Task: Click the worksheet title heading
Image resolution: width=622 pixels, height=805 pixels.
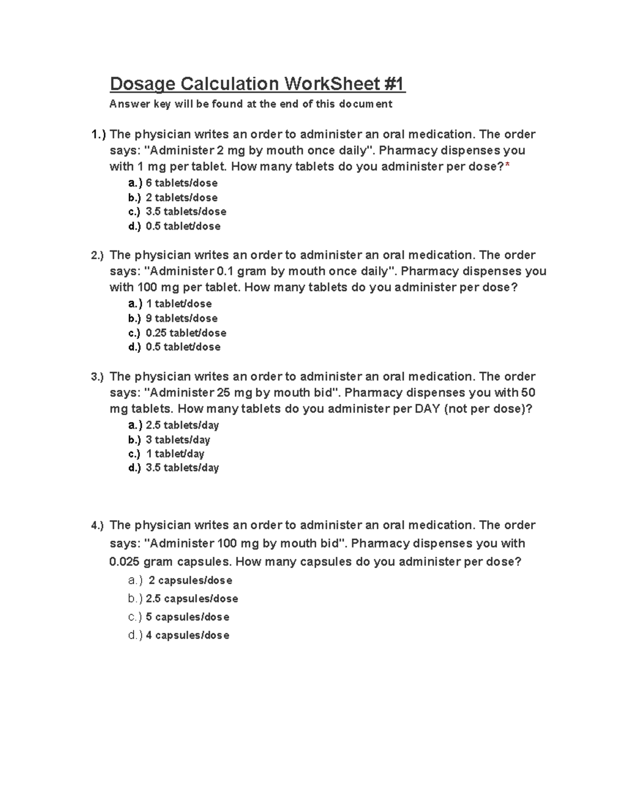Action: pos(257,83)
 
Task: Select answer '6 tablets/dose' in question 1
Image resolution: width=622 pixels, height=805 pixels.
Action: pos(181,183)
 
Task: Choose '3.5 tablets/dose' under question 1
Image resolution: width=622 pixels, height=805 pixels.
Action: pos(186,211)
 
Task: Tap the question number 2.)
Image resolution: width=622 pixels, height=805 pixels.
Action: pos(97,256)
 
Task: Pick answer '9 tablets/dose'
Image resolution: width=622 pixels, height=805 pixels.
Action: pos(181,318)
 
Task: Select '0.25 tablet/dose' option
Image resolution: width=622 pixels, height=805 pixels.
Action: pos(186,333)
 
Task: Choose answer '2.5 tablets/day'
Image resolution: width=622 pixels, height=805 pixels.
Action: pos(182,426)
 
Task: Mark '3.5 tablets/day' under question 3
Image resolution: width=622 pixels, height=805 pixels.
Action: pos(182,468)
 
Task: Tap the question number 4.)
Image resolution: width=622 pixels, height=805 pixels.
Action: pos(97,526)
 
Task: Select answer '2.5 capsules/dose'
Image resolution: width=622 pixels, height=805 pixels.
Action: pos(191,599)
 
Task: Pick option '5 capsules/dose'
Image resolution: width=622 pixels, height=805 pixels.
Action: pos(187,617)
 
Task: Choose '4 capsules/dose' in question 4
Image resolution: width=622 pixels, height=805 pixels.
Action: pos(187,635)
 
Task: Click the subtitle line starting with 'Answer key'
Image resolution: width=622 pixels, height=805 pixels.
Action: pos(250,104)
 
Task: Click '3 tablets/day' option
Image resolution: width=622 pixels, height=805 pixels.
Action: pos(177,440)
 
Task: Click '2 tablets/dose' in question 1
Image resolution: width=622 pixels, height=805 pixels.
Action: pos(181,197)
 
